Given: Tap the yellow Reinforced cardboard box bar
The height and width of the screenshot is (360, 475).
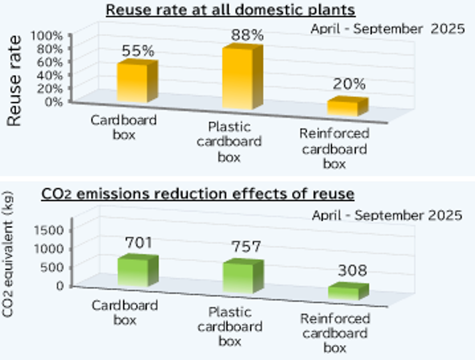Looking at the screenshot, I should [x=347, y=107].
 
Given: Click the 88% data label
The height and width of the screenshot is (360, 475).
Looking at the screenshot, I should [x=247, y=35].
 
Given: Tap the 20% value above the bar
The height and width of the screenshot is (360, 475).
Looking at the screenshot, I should [x=349, y=84].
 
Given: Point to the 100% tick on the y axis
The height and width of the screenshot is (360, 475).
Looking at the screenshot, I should [x=46, y=35].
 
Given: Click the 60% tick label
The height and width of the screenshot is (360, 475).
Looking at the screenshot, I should [x=49, y=61].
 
